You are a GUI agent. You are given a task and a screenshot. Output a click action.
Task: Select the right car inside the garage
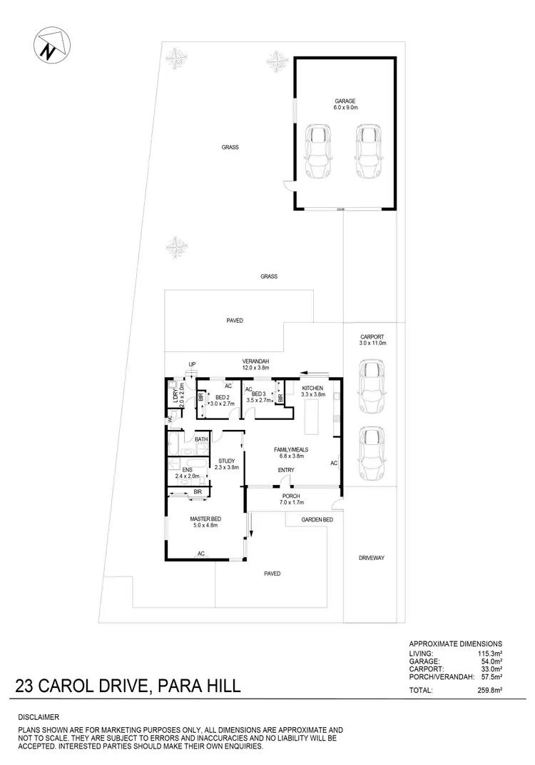coord(367,151)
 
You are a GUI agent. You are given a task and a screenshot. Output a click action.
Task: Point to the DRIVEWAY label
coord(372,558)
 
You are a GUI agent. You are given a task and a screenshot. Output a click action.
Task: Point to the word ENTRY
coord(286,469)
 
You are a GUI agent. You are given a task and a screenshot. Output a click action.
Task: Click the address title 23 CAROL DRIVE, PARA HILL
coord(128,687)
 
